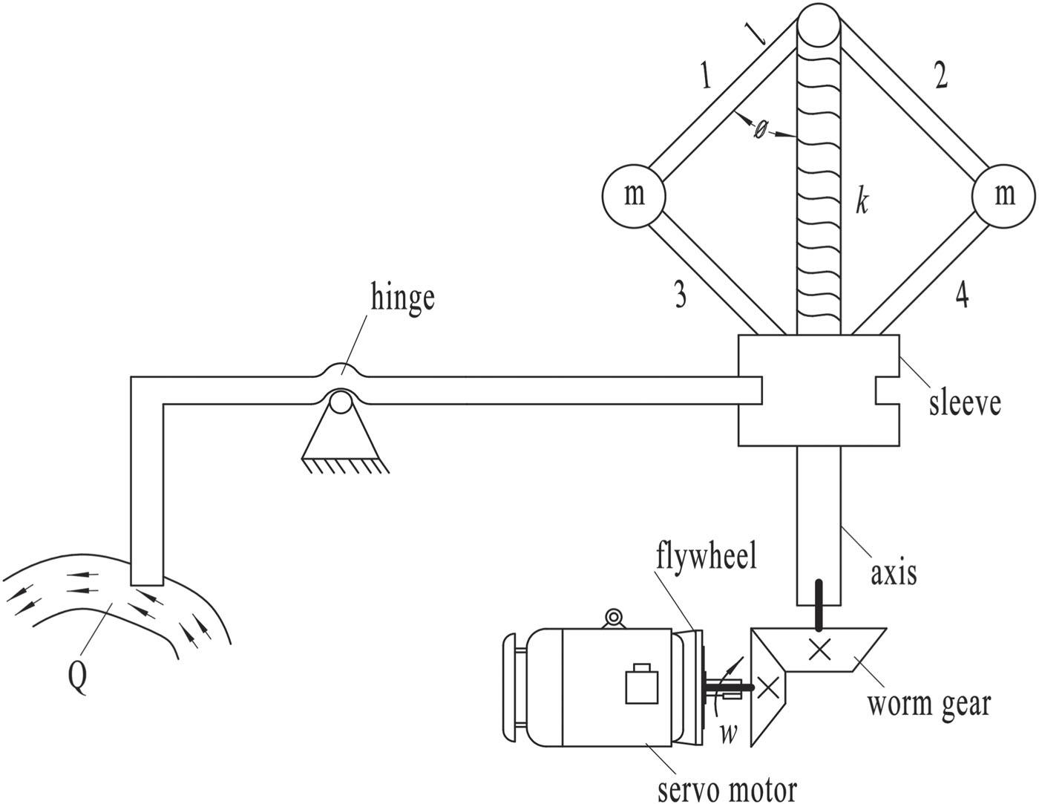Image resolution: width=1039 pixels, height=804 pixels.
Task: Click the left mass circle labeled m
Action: tap(633, 195)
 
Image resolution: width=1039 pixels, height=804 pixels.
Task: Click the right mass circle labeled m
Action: tap(1004, 194)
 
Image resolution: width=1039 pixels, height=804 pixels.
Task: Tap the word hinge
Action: tap(403, 298)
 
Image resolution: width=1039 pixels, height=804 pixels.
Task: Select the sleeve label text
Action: tap(965, 402)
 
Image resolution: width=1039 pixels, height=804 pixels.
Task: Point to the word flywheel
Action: tap(706, 555)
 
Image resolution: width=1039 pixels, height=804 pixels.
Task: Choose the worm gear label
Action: tap(929, 702)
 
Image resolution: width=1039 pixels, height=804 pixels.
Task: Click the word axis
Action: tap(894, 572)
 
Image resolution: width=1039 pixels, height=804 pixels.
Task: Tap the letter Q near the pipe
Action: tap(78, 676)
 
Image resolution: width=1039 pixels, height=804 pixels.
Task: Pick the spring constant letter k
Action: tap(862, 202)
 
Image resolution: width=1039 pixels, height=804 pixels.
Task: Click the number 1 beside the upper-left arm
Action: tap(706, 76)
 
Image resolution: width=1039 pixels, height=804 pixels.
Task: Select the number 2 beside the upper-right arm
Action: tap(941, 76)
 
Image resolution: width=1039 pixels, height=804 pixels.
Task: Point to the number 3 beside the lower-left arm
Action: tap(679, 296)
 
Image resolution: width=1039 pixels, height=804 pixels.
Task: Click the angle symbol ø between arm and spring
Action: tap(761, 130)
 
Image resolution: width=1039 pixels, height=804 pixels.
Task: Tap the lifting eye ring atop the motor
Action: tap(613, 616)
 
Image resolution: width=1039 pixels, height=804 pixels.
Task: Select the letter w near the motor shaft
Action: tap(729, 733)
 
